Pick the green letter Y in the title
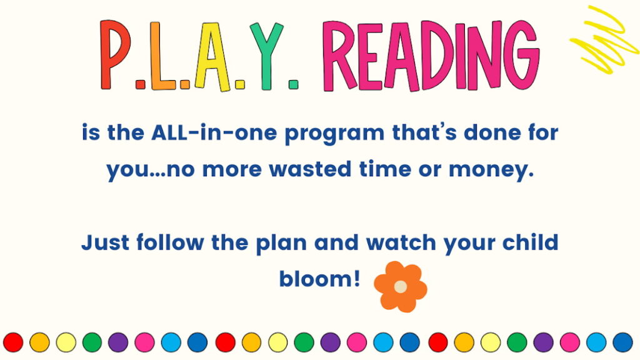(266, 55)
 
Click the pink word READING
(431, 56)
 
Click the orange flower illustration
(401, 286)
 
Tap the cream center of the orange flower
(401, 286)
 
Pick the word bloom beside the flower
(319, 279)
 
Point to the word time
(385, 169)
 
